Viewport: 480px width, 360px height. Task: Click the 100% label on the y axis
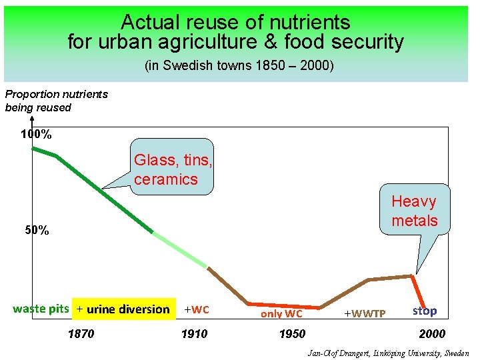click(36, 134)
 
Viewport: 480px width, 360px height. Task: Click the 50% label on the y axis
click(36, 231)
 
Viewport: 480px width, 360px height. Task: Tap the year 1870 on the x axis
click(81, 334)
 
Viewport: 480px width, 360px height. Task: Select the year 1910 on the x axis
click(194, 334)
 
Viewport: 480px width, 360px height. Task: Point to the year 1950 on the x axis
click(292, 334)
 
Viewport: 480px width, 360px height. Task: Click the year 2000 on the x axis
click(432, 334)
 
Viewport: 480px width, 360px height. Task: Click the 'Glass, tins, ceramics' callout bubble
click(173, 169)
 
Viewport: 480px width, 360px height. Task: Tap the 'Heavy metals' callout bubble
click(414, 211)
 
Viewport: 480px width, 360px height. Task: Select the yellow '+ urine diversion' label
click(123, 309)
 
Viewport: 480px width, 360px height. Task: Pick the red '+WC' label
click(197, 309)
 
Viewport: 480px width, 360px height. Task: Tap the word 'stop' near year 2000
click(425, 311)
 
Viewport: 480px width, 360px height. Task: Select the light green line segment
click(180, 250)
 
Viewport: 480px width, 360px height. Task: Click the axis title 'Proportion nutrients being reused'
click(56, 101)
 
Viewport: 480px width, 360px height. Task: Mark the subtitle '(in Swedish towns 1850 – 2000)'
click(239, 67)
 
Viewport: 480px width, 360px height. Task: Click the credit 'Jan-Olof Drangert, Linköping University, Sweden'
click(388, 353)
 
